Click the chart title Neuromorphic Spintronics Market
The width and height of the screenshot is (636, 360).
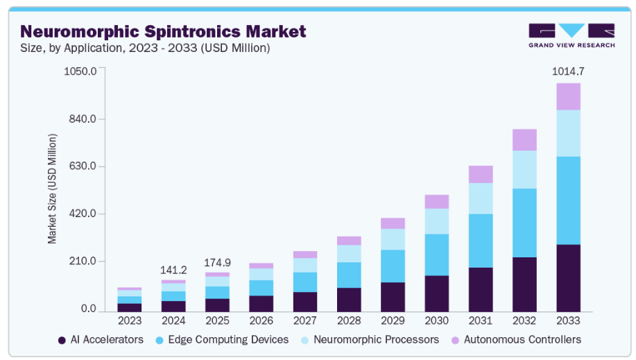click(x=163, y=31)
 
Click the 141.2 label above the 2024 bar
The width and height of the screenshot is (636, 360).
click(x=173, y=270)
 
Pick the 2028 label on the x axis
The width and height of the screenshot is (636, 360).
click(x=349, y=320)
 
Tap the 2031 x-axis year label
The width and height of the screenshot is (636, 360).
click(x=481, y=320)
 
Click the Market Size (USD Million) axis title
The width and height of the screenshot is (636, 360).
click(x=52, y=188)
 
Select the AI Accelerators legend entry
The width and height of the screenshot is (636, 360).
click(x=101, y=340)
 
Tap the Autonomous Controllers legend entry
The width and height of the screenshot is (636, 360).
click(x=517, y=340)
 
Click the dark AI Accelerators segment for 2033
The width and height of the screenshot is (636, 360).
click(x=568, y=277)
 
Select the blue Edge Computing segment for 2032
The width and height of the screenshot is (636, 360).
click(x=524, y=223)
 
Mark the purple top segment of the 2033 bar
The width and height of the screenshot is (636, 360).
click(x=568, y=96)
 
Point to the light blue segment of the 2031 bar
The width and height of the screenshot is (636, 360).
click(x=481, y=198)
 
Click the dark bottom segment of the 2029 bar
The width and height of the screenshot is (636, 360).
click(x=393, y=297)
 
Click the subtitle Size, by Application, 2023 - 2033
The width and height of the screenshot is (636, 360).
click(x=145, y=48)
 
